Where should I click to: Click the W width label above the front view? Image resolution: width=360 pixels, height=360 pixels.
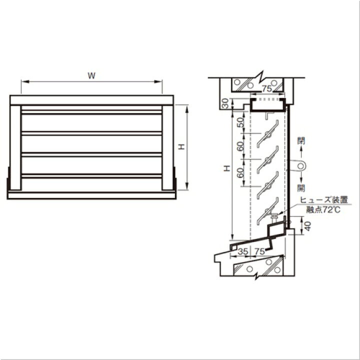tap(91, 75)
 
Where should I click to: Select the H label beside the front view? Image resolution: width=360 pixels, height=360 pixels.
tap(182, 146)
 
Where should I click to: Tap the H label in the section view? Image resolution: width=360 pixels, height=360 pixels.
tap(227, 168)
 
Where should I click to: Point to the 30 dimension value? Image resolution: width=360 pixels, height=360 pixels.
tap(225, 103)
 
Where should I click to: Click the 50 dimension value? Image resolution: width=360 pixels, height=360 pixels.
tap(240, 122)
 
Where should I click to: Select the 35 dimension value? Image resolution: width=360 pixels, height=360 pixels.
tap(243, 251)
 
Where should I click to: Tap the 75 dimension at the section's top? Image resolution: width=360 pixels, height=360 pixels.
tap(267, 88)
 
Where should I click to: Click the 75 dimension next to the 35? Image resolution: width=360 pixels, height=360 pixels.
tap(259, 251)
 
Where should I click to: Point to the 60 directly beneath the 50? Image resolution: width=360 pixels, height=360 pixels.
tap(240, 146)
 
